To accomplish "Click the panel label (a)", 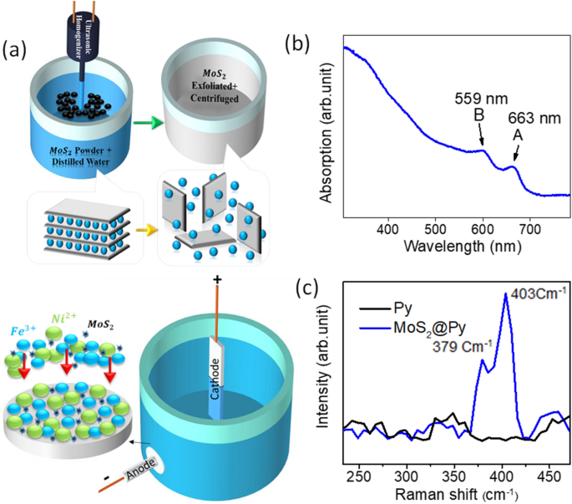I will [x=18, y=51].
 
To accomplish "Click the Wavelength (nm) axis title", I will [x=453, y=247].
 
